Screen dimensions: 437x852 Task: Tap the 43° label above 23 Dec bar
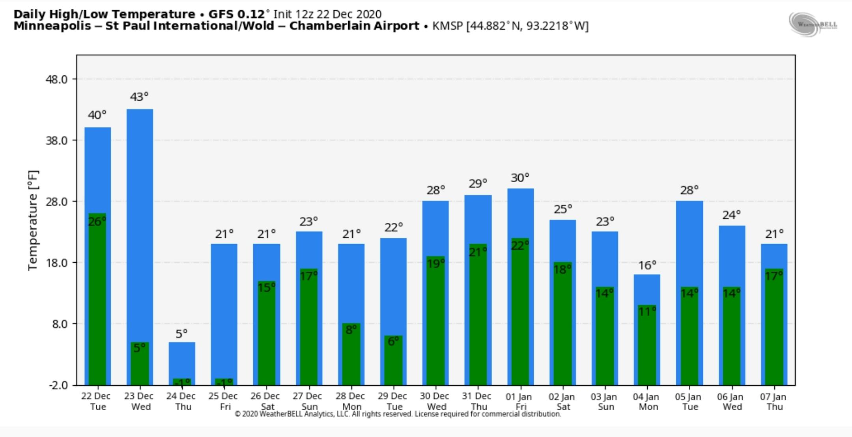tap(139, 97)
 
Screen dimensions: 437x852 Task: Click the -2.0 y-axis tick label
tap(58, 385)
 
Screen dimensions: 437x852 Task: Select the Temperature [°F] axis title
tap(34, 220)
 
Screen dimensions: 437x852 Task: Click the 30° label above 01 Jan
tap(520, 178)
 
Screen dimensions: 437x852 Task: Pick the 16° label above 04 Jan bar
tap(647, 265)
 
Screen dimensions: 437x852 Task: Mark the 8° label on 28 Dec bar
tap(351, 329)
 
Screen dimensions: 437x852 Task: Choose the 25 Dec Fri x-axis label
tap(223, 402)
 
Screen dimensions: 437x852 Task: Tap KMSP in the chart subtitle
tap(447, 26)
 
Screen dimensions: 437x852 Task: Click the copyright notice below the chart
tap(398, 414)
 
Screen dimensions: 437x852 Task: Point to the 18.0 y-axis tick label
tap(57, 263)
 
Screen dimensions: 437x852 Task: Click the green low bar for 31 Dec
tap(478, 319)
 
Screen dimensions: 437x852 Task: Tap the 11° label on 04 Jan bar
tap(647, 312)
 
